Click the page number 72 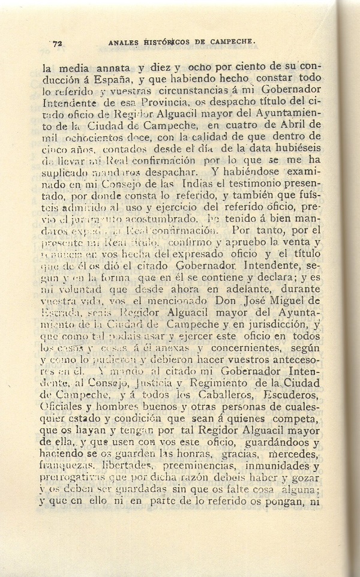(x=58, y=43)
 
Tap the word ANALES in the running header (x=125, y=43)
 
